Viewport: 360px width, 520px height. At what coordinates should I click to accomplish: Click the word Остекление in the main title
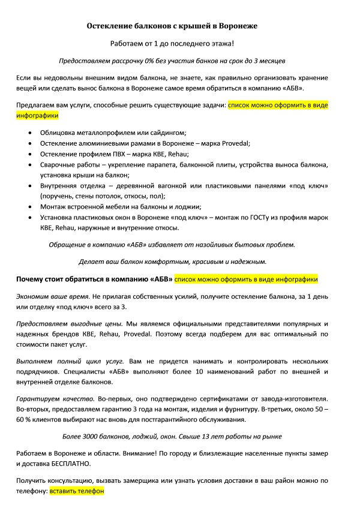110,26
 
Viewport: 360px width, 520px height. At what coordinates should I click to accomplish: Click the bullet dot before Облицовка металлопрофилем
30,132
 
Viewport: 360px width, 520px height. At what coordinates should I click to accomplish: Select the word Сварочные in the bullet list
58,164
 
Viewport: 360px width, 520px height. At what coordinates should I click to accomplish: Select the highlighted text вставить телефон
77,491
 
